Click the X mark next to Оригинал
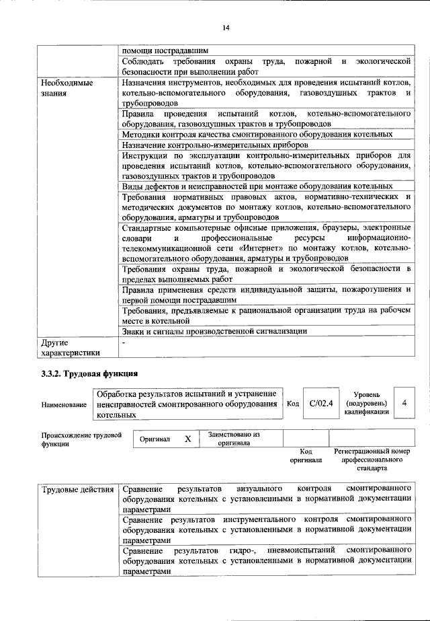pyautogui.click(x=187, y=439)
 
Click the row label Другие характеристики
pyautogui.click(x=71, y=346)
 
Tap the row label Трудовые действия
pyautogui.click(x=77, y=488)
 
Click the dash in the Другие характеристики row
pyautogui.click(x=124, y=342)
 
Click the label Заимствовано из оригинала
pyautogui.click(x=234, y=439)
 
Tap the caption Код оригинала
pyautogui.click(x=306, y=455)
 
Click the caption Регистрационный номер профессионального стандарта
pyautogui.click(x=372, y=459)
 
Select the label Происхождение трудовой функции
pyautogui.click(x=81, y=439)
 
